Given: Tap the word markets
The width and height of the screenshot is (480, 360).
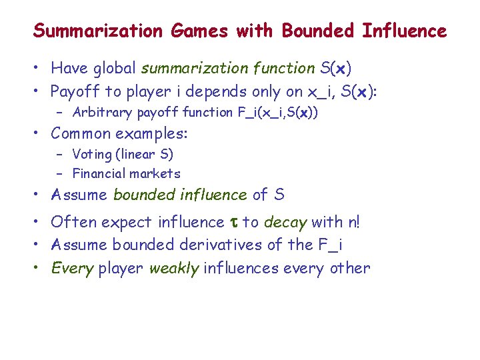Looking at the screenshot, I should (157, 174).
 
